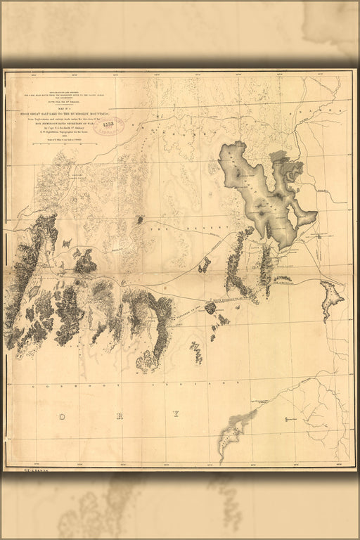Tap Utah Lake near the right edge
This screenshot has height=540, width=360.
[330, 295]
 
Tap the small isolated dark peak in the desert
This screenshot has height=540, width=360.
[139, 220]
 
